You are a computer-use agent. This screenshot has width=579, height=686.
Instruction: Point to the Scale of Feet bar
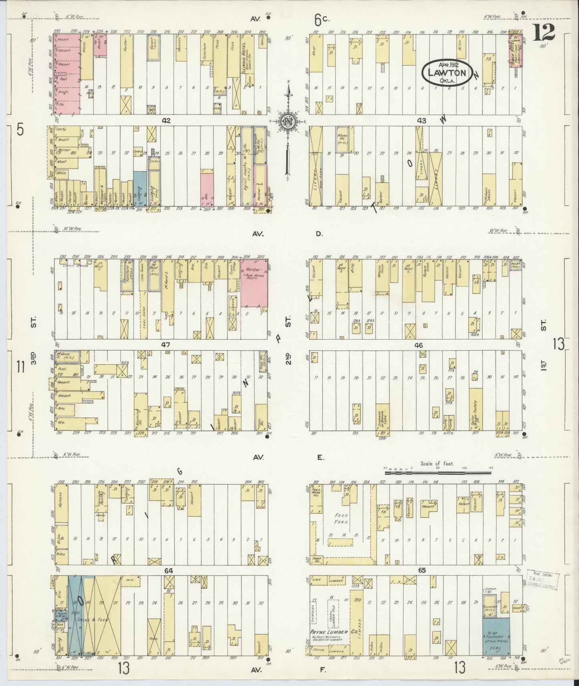[437, 473]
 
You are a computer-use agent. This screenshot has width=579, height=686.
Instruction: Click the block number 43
[422, 120]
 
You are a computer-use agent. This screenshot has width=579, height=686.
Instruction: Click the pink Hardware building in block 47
[254, 283]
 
